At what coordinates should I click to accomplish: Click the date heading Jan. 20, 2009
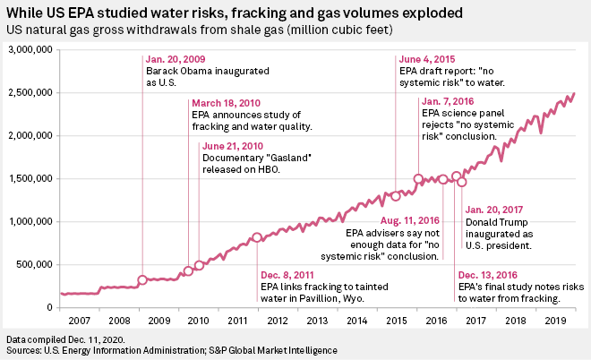(176, 61)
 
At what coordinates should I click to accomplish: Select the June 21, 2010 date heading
(234, 146)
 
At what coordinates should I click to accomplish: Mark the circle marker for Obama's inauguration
(142, 279)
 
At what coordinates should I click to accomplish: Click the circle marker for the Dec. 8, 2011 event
(257, 237)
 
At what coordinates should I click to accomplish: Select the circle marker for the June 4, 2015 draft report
(395, 195)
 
